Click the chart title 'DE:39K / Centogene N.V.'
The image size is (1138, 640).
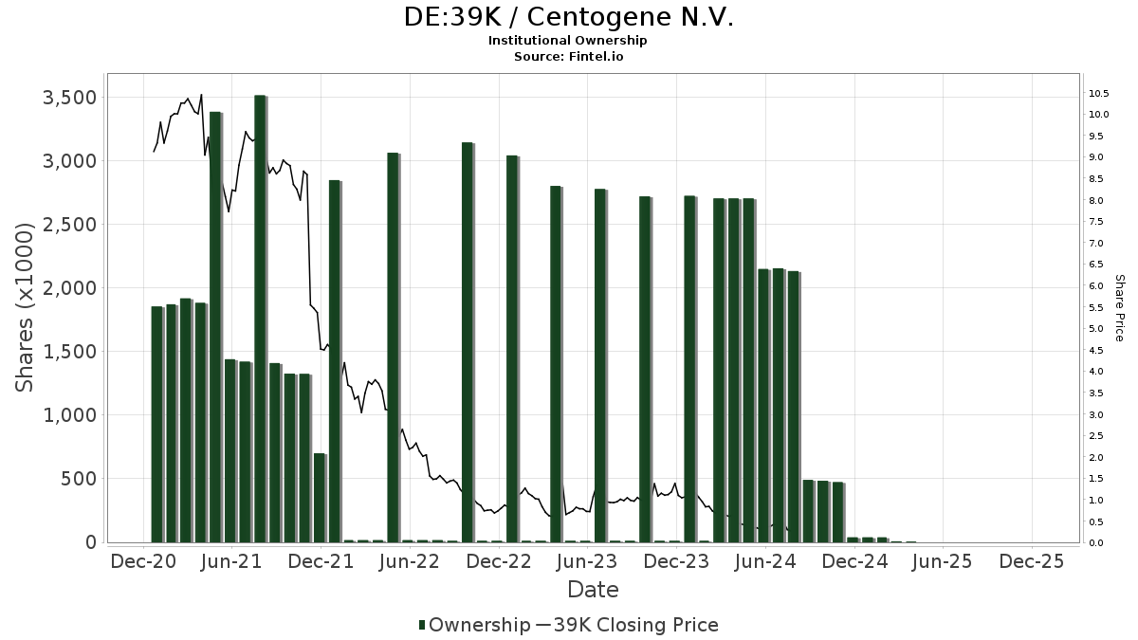568,18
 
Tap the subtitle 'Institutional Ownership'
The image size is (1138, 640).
568,41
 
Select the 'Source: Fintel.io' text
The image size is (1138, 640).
568,57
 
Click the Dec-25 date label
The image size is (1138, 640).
1033,561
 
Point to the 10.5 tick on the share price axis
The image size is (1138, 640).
1100,93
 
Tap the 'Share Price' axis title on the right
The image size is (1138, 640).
1119,307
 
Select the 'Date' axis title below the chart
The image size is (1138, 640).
593,590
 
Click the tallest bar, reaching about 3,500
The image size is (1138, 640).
260,319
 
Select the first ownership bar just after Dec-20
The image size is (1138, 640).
156,424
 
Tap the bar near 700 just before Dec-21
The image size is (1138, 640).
320,498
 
